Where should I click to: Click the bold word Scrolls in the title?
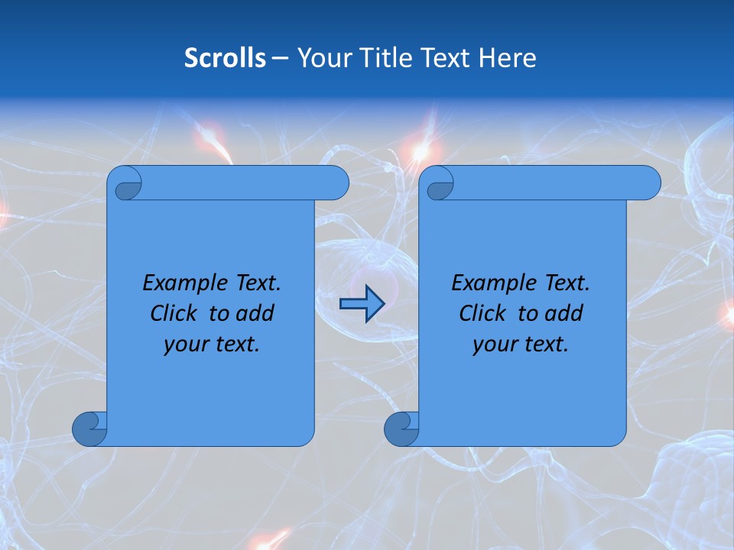coord(225,58)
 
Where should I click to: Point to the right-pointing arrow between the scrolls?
coord(361,304)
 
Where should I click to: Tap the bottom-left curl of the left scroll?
coord(89,429)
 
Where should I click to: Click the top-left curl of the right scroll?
coord(439,183)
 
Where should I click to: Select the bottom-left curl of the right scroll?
coord(401,429)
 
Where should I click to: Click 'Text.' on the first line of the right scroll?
coord(567,283)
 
